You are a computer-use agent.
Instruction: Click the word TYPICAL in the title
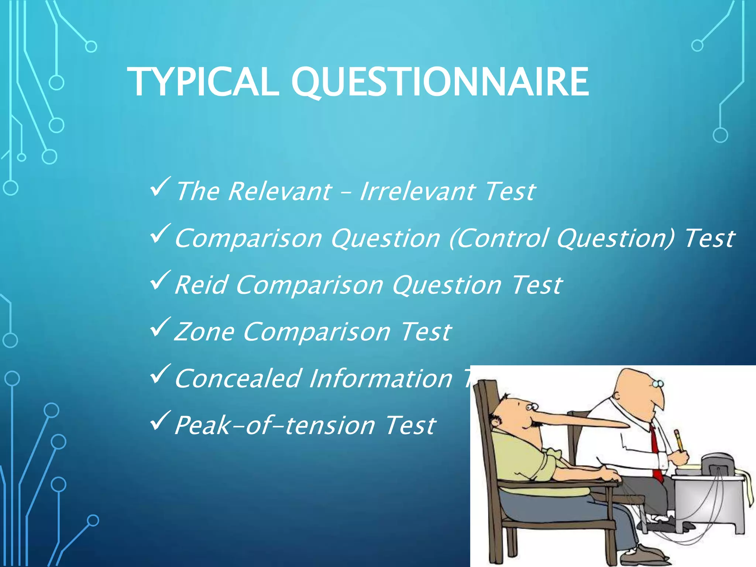(x=203, y=82)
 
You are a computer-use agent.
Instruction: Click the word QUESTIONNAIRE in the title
(x=440, y=82)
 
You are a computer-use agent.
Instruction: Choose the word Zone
(x=204, y=332)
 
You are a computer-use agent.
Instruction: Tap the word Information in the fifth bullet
(x=381, y=378)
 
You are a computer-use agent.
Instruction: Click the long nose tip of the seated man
(x=624, y=425)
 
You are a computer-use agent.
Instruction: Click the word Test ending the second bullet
(x=709, y=238)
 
